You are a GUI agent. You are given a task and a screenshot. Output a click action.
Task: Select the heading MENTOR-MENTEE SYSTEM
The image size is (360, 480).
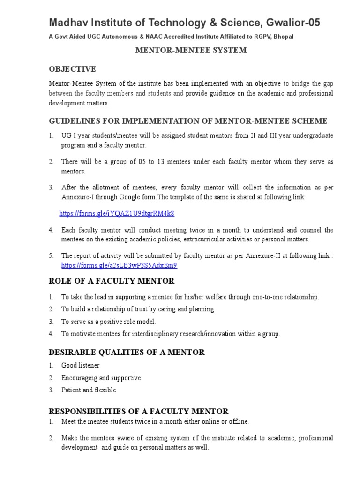point(191,50)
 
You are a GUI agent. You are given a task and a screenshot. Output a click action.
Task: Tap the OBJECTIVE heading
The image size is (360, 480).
point(73,69)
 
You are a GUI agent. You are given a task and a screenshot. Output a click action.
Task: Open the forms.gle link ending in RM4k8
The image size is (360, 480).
point(117,213)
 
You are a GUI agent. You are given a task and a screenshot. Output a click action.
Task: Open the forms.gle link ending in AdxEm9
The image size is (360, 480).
point(120,265)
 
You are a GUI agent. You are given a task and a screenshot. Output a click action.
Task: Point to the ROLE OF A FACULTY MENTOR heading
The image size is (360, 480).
point(112,281)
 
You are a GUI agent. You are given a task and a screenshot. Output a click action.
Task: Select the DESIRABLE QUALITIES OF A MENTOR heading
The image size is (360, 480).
point(127,352)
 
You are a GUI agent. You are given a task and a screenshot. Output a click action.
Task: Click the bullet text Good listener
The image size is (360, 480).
point(80,365)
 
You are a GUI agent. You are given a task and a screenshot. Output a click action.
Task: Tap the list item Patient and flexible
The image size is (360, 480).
point(89,390)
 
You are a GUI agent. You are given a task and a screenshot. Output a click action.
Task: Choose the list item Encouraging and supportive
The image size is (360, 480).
point(101,378)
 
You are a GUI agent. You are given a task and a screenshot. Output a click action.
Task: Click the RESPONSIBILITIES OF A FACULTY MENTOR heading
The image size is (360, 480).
point(139,411)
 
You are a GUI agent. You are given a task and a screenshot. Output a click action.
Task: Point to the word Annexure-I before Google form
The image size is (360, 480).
point(78,197)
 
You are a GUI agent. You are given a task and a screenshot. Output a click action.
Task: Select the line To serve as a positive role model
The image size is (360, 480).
point(108,322)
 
